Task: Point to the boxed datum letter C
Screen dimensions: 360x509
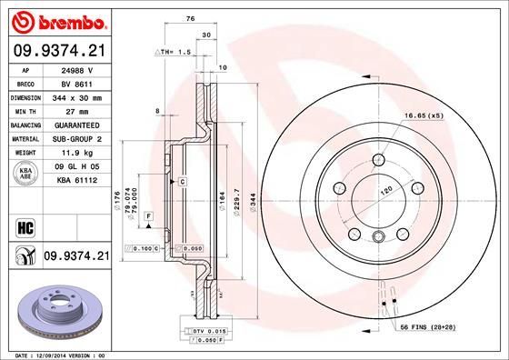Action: coord(182,183)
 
